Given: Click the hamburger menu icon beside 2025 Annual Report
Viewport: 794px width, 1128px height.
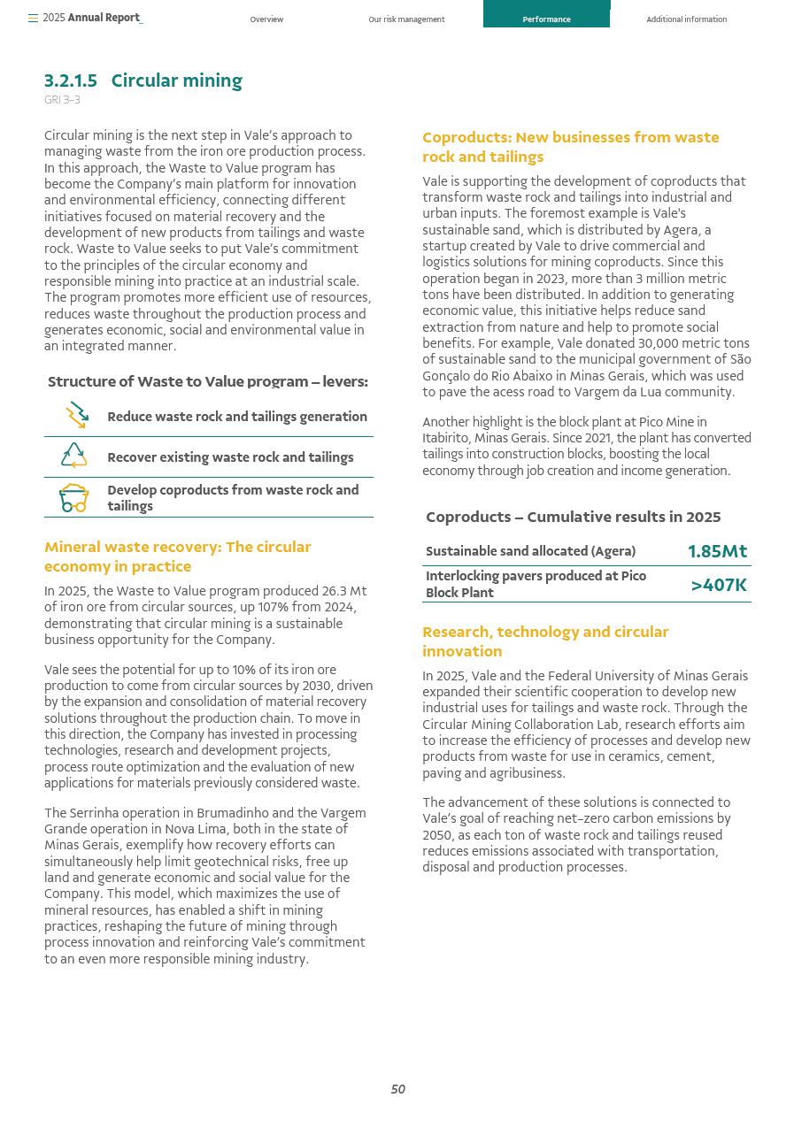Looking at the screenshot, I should coord(33,18).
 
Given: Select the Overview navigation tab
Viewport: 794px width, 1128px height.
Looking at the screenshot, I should coord(266,19).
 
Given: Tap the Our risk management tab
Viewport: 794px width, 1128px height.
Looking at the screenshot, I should coord(406,19).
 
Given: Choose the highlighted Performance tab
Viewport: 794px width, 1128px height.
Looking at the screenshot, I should coord(546,19).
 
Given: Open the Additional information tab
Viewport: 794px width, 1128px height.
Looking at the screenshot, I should coord(686,19).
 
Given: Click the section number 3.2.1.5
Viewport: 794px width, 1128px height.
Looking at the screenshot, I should coord(71,81).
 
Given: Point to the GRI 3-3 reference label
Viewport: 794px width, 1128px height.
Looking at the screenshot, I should coord(62,100).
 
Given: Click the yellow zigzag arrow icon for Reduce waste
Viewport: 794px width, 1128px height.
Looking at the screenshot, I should coord(76,415).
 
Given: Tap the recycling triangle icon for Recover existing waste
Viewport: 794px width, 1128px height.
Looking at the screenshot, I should coord(74,456).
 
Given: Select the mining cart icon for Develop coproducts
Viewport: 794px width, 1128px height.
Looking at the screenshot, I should coord(74,498).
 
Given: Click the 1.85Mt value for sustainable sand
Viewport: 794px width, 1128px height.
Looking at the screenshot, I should coord(717,551).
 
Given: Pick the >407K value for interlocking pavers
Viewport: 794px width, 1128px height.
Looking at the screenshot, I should coord(719,585).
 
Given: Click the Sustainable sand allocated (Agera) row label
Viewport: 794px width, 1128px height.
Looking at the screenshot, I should coord(530,551).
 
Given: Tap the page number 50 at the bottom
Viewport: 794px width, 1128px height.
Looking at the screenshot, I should coord(398,1089).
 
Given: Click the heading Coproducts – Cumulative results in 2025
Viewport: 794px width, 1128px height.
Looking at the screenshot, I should coord(573,517).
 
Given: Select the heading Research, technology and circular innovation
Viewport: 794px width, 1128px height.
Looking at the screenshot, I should coord(545,641).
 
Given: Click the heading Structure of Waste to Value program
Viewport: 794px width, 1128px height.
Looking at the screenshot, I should coord(207,381).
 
